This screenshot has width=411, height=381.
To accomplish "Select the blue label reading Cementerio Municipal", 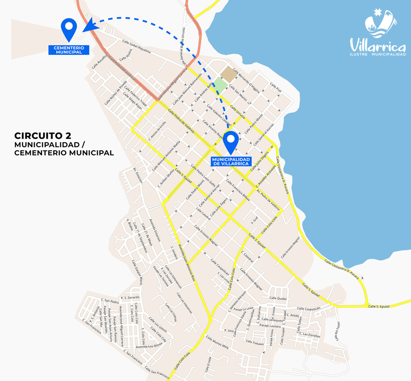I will point(69,50).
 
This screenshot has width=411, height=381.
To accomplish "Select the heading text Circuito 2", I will point(43,136).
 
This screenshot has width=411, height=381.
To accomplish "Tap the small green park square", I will point(220,85).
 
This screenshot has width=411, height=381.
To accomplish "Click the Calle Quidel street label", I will point(277,298).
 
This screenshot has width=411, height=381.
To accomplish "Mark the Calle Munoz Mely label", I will point(217,342).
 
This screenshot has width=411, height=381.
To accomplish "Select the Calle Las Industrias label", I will point(184,303).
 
